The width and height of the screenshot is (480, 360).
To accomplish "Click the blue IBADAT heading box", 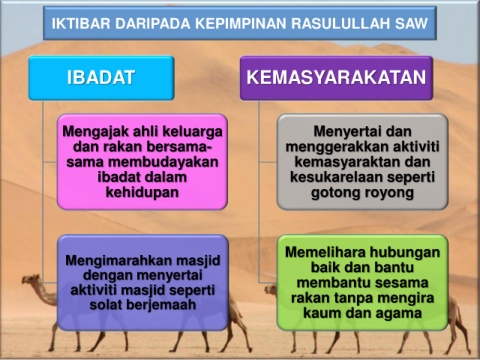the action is (x=101, y=78).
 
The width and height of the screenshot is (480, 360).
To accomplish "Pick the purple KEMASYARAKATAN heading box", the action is (x=336, y=78).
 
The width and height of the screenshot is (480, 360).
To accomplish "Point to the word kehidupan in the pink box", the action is (x=142, y=192).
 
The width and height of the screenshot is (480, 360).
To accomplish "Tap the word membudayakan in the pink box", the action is (x=163, y=162).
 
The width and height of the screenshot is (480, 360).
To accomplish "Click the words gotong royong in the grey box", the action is (x=362, y=193).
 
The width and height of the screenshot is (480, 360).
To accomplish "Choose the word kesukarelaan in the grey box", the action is (x=336, y=177).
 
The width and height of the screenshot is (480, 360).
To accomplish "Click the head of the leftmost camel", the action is (x=31, y=280).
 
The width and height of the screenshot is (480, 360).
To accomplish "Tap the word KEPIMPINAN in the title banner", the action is (x=241, y=24).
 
